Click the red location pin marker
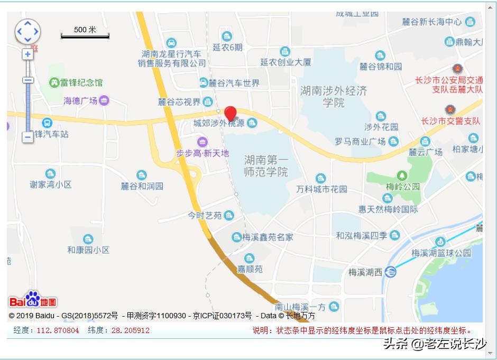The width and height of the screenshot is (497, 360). coord(230,114)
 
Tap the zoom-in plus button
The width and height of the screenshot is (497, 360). coord(27,54)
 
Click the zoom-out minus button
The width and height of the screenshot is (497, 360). coord(27,137)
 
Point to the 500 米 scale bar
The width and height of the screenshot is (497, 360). coord(85,33)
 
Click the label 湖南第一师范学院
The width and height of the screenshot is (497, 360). coord(266,165)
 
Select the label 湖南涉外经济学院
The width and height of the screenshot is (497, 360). coord(333,96)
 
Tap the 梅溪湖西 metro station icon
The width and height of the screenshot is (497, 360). coord(391,272)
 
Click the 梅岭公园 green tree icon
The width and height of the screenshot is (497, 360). coord(402,175)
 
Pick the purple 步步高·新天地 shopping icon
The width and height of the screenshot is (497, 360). coord(202,142)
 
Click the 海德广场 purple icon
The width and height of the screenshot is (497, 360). coord(104,100)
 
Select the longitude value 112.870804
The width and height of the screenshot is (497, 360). coord(58,330)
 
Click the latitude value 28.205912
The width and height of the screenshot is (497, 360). coord(131,330)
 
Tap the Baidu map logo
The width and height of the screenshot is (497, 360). coord(33,300)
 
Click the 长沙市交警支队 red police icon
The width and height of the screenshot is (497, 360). coord(450,109)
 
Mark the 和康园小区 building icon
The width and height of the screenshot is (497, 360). coord(88,239)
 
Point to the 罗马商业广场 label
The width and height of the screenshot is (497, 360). coord(360,142)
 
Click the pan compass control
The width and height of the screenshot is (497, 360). coord(27,32)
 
